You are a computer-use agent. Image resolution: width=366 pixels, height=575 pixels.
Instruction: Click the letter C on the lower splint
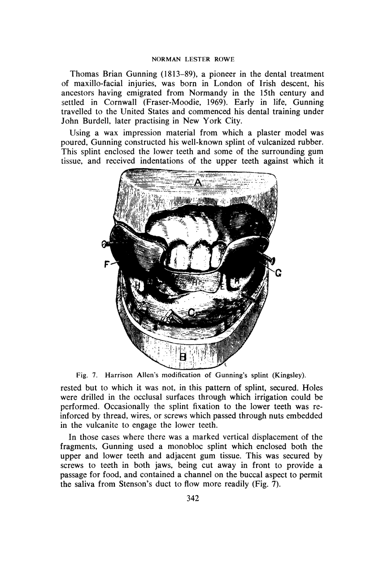[x=192, y=313]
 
